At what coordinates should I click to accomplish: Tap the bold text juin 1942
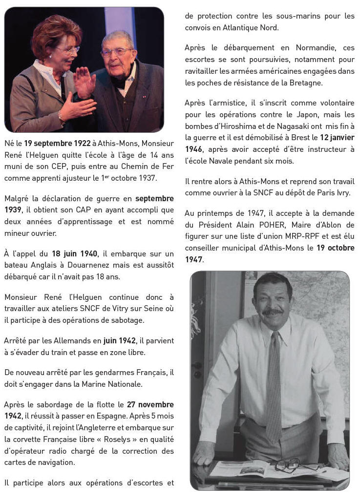(118, 340)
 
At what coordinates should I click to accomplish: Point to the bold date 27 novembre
(150, 404)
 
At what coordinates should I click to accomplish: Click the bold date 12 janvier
(337, 138)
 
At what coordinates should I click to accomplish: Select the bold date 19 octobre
(335, 248)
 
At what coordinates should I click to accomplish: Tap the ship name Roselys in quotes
(106, 440)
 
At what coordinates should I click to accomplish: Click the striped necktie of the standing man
(275, 381)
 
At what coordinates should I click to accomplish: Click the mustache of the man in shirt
(273, 311)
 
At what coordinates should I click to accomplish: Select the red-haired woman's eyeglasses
(68, 50)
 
